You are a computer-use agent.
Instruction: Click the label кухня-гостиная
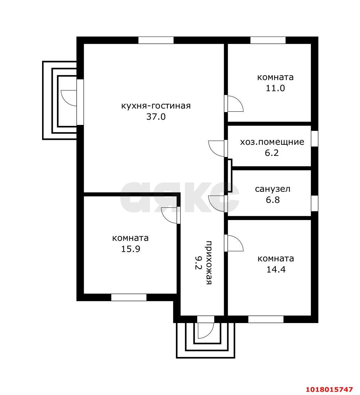click(x=156, y=106)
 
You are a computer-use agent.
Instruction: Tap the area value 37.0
click(x=156, y=117)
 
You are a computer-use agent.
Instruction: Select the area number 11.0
click(x=275, y=88)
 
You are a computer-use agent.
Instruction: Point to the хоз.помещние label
click(x=272, y=142)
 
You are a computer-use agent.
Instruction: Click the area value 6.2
click(x=272, y=153)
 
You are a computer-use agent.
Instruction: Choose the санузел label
click(x=273, y=189)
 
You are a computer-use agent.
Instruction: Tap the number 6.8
click(x=273, y=200)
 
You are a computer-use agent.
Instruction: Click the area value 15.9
click(x=131, y=249)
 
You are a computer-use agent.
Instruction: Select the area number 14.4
click(x=276, y=270)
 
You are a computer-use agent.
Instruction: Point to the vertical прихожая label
click(x=209, y=262)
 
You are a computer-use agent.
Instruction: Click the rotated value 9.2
click(x=198, y=263)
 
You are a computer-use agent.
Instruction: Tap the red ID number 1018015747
click(x=329, y=389)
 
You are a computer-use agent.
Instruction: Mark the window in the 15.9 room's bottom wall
click(x=129, y=297)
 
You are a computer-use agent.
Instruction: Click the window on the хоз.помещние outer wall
click(x=315, y=139)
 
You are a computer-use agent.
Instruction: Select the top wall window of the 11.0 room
click(x=268, y=40)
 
